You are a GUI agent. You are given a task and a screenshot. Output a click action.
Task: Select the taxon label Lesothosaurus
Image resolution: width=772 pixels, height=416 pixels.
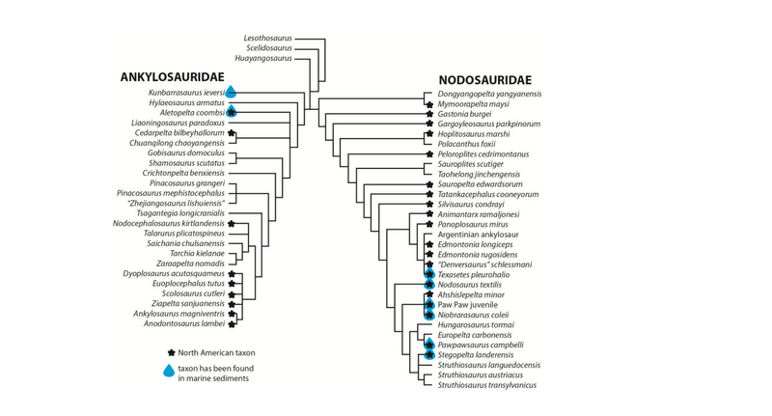(x=265, y=37)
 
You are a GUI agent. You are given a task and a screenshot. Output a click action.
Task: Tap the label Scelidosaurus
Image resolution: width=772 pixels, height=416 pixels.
(x=265, y=47)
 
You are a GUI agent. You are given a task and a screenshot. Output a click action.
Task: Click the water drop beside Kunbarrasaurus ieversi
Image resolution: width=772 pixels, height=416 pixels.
(x=232, y=91)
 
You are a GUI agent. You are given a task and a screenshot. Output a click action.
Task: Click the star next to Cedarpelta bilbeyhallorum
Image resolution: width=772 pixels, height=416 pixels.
(x=232, y=133)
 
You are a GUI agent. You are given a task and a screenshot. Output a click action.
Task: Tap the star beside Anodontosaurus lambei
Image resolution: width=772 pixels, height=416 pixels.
(x=232, y=323)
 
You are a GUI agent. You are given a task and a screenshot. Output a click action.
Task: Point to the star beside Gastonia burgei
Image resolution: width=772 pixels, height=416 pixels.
(x=427, y=114)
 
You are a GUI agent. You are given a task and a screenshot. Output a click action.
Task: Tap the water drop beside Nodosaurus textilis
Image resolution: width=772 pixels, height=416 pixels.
(x=427, y=285)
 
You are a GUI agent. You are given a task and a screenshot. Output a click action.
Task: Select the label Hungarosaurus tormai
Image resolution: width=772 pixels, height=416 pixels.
(x=481, y=325)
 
